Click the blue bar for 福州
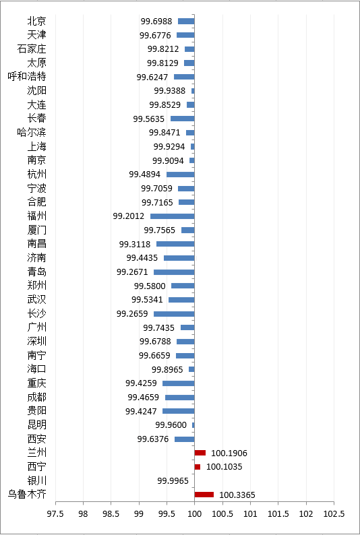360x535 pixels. [173, 216]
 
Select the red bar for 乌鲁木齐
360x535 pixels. [204, 495]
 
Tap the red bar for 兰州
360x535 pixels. [200, 453]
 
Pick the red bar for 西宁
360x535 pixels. [198, 467]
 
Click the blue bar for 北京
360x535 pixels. [186, 21]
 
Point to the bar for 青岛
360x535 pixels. [174, 272]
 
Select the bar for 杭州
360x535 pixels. [181, 175]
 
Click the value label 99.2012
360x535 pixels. [129, 216]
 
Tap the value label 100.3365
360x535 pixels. [237, 495]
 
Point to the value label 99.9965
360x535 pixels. [173, 480]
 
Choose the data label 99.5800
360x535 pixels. [150, 286]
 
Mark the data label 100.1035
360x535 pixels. [224, 467]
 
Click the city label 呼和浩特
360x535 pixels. [27, 76]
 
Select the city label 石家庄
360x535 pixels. [32, 49]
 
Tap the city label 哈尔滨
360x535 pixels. [32, 132]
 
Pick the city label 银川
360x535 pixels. [37, 480]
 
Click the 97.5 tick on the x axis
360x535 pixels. [55, 514]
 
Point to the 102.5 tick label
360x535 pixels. [334, 514]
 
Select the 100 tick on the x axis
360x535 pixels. [195, 514]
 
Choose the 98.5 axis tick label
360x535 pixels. [111, 514]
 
